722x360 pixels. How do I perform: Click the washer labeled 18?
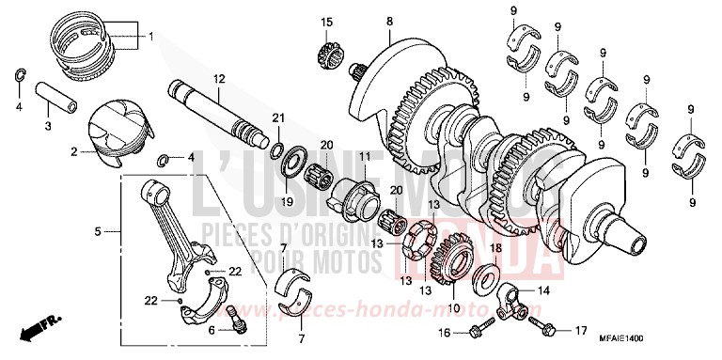click(489, 278)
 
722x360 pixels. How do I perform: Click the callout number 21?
click(277, 117)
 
